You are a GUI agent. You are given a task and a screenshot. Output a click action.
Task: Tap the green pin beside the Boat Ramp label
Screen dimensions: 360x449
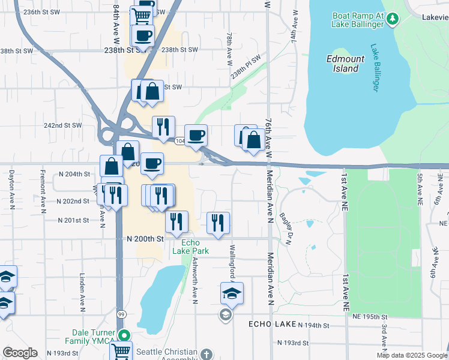pos(393,19)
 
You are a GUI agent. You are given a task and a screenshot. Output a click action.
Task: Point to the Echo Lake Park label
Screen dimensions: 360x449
pos(191,247)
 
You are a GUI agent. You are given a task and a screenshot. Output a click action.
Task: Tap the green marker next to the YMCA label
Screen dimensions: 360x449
pos(124,335)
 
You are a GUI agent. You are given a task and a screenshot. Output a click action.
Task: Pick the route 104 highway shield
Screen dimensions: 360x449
pos(179,141)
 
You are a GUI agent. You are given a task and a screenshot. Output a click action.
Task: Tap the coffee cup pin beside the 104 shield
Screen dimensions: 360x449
pos(196,136)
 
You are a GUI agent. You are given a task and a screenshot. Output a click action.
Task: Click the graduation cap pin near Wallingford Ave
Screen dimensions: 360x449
pos(232,293)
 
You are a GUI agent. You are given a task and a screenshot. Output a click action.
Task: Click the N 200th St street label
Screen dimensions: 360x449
pos(145,238)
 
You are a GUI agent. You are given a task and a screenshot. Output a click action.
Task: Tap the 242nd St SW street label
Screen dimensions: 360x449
pos(64,125)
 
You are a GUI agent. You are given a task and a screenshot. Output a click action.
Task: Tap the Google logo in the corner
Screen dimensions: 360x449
pos(20,353)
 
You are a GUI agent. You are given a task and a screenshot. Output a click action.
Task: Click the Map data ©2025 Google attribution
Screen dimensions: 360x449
pos(411,355)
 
